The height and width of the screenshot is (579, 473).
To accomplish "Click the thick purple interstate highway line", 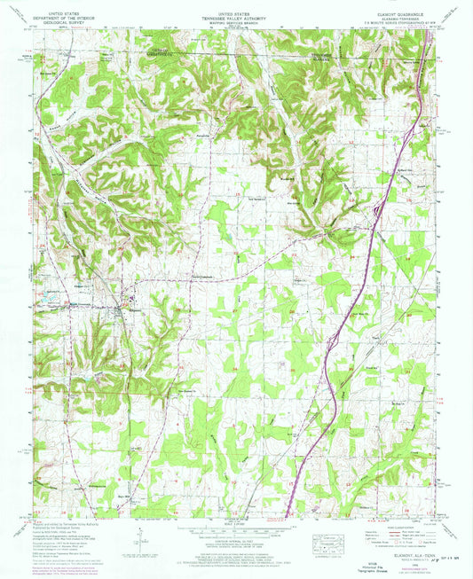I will tap(355, 266).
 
